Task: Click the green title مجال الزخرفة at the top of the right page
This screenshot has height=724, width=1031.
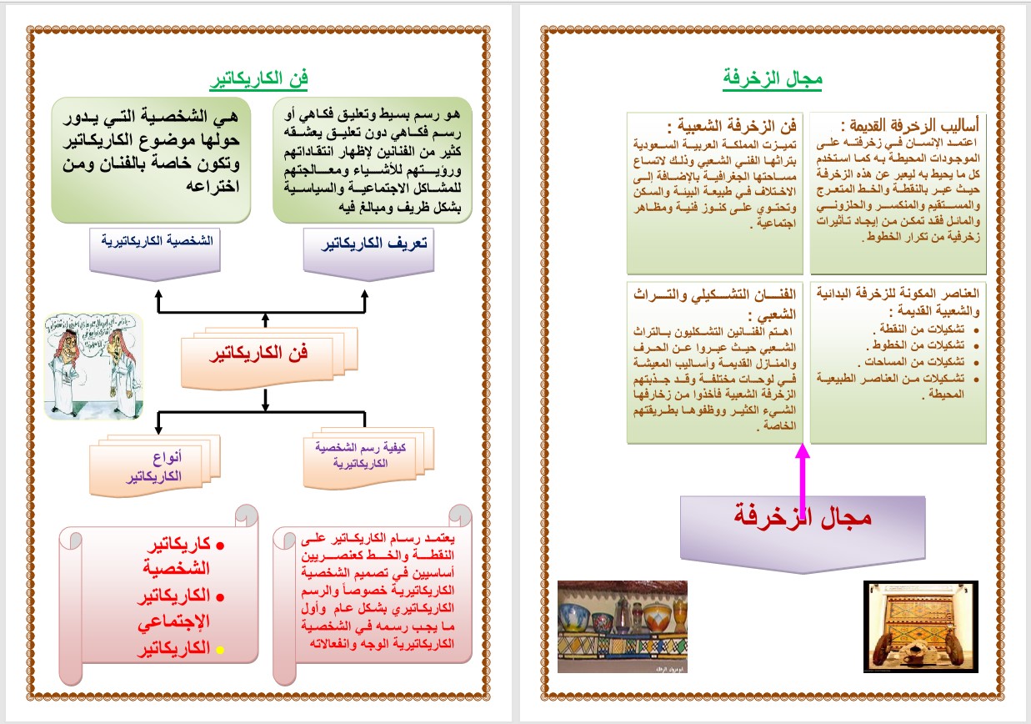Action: (x=773, y=79)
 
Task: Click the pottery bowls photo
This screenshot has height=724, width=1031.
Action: (x=622, y=626)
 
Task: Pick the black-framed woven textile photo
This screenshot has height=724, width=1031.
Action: (x=919, y=626)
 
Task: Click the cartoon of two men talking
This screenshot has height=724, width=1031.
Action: (x=93, y=365)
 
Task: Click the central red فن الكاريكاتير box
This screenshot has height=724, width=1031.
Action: (x=269, y=353)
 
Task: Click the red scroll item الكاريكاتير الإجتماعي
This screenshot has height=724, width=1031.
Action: (x=173, y=608)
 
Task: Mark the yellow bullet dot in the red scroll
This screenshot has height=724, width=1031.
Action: (x=221, y=649)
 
